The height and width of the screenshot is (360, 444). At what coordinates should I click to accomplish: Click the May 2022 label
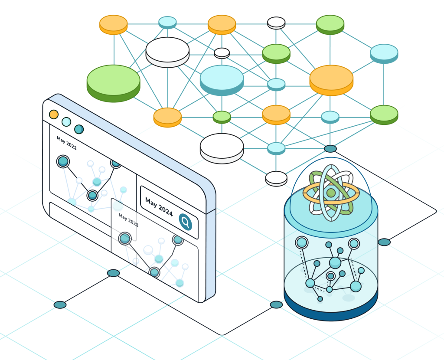click(66, 143)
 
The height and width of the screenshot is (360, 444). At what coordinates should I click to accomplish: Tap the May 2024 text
click(159, 207)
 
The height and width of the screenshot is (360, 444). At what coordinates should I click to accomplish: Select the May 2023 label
click(128, 220)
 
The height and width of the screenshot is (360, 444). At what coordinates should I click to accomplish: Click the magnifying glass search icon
click(186, 223)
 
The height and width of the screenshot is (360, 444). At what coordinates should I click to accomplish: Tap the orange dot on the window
click(54, 115)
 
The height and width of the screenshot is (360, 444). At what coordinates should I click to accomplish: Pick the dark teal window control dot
click(79, 129)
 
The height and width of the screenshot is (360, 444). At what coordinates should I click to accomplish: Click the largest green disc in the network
click(114, 81)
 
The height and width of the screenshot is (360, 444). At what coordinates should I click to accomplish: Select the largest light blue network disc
click(222, 78)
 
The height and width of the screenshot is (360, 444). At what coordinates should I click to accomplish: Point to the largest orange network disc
click(331, 79)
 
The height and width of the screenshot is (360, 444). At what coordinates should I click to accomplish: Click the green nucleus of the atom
click(331, 193)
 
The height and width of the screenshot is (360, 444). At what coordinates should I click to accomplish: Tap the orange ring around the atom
click(309, 194)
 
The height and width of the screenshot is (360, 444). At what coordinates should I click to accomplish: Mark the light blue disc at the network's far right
click(384, 52)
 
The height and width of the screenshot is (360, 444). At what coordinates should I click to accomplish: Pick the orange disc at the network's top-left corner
click(114, 23)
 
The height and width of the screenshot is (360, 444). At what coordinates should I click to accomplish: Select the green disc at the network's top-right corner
click(330, 23)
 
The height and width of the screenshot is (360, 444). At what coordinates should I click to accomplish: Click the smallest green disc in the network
click(222, 116)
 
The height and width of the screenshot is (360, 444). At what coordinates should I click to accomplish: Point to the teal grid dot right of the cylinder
click(384, 242)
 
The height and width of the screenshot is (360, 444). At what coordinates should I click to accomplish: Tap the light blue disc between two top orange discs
click(167, 22)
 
